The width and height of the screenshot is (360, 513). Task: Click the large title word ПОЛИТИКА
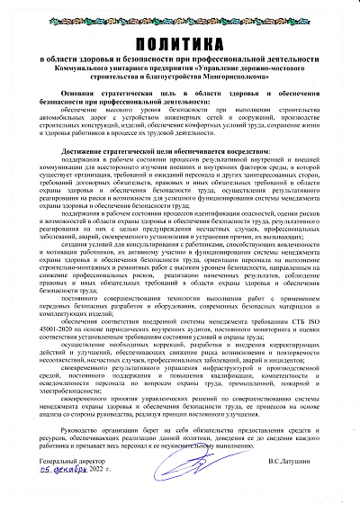(x=180, y=44)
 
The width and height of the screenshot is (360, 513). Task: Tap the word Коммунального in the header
(x=107, y=68)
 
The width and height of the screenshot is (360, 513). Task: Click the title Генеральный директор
(x=77, y=462)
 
